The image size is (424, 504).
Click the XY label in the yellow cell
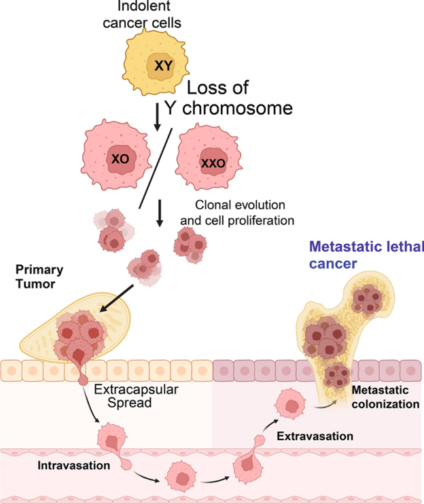(x=163, y=66)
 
